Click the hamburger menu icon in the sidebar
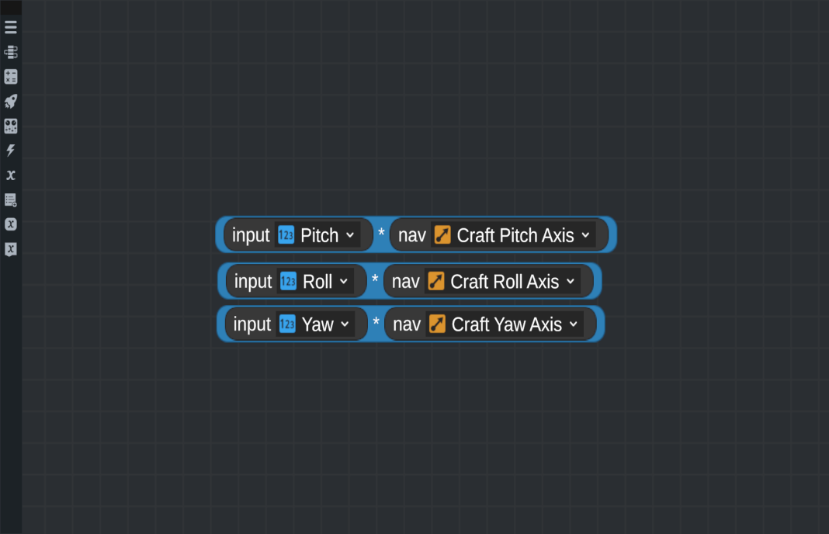tap(11, 27)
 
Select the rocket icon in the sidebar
tap(11, 101)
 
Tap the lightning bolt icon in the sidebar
tap(11, 151)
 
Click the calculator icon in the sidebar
tap(11, 77)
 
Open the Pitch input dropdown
tap(350, 235)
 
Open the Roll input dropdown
tap(344, 281)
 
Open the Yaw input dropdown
tap(345, 324)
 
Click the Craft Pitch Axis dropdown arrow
tap(585, 235)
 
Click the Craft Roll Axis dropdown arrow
tap(571, 281)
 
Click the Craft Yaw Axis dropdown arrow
tap(574, 324)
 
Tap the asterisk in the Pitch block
tap(381, 233)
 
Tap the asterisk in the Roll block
tap(375, 279)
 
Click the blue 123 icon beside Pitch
tap(286, 234)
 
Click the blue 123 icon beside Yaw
tap(287, 324)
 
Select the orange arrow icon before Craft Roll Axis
tap(436, 281)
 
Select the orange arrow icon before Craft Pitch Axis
tap(442, 234)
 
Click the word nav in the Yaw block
tap(407, 324)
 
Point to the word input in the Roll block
tap(253, 281)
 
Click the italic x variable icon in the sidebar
tap(11, 175)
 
